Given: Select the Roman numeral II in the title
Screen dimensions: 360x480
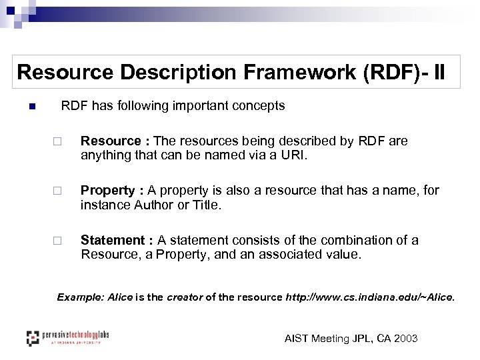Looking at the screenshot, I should click(441, 72).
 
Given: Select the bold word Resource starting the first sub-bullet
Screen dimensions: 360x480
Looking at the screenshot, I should click(111, 141).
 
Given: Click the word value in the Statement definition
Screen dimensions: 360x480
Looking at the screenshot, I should click(340, 254).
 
